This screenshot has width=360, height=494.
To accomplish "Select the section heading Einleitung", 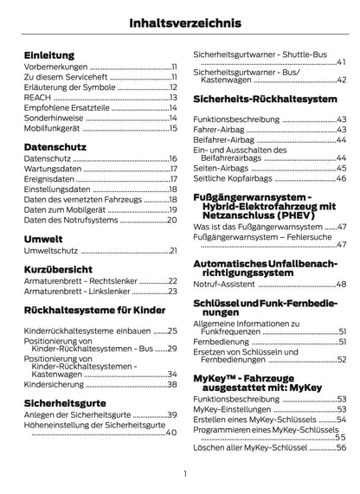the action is (49, 55).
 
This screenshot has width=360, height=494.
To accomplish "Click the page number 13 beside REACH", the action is (172, 97).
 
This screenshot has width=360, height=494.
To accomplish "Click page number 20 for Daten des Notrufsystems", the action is (172, 221).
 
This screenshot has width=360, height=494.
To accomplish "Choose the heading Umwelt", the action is (43, 238).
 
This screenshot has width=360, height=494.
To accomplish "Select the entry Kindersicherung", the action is (53, 384).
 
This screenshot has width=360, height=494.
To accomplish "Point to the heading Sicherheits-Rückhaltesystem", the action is (265, 100).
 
